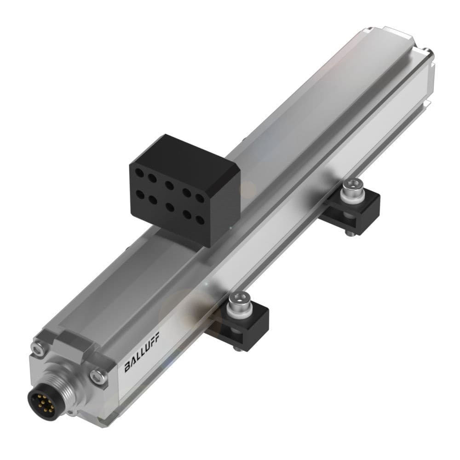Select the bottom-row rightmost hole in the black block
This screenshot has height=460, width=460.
pos(200,220)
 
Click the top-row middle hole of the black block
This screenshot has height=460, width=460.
pos(169,186)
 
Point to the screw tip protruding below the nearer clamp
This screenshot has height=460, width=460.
pos(236,348)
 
